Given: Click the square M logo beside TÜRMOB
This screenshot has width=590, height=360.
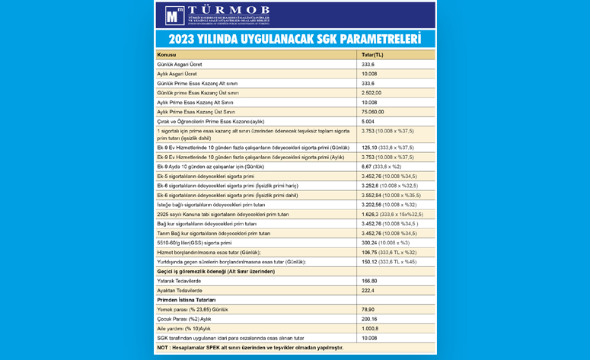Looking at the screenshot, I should (174, 15).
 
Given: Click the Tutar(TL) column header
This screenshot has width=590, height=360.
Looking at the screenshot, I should (373, 56).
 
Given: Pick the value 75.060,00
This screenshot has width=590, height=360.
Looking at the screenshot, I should (373, 111).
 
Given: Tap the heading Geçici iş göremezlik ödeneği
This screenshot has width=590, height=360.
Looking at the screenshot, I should (215, 271).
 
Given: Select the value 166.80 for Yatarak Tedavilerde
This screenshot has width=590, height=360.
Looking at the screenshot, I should (369, 281).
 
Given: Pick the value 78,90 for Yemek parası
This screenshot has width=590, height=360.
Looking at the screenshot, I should (369, 310).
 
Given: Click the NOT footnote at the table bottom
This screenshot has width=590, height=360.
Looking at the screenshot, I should (249, 347).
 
